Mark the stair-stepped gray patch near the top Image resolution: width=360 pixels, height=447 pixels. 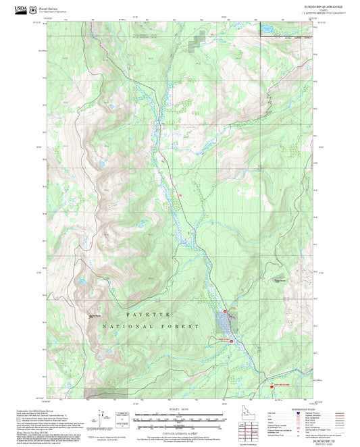coord(195,40)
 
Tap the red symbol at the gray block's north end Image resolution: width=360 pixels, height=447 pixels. coord(228,310)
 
